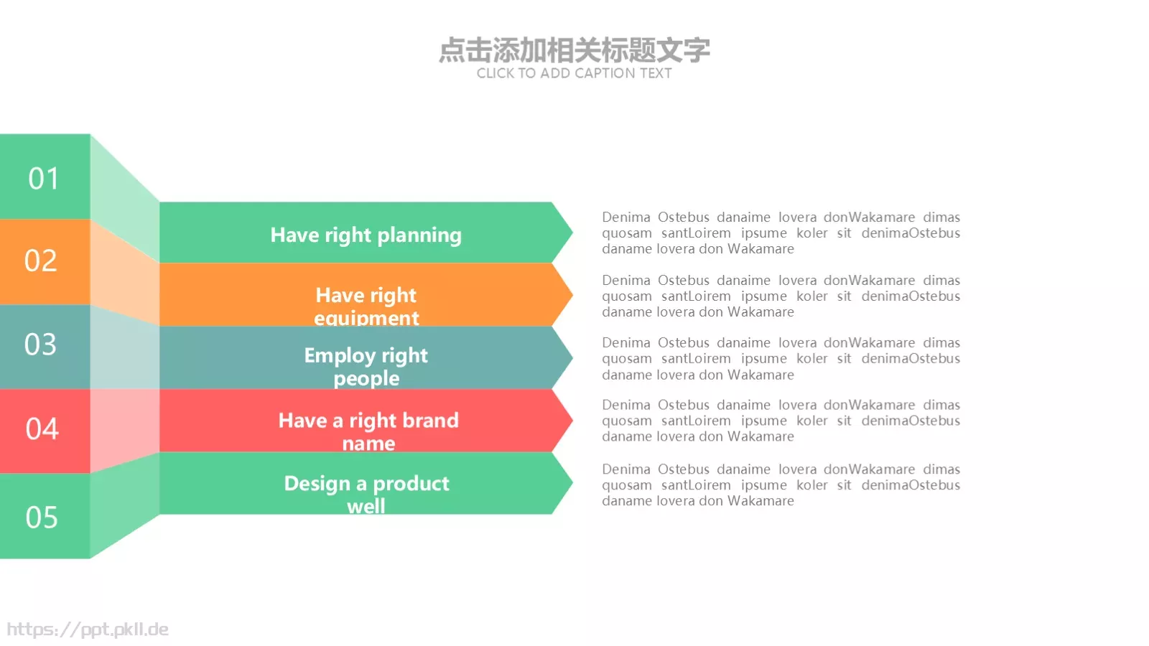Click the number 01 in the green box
point(43,178)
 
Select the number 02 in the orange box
point(40,261)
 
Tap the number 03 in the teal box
point(40,345)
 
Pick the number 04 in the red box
point(42,429)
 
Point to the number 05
point(42,518)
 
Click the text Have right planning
point(366,235)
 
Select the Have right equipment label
point(366,306)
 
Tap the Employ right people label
point(366,366)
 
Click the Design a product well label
point(366,494)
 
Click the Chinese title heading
point(574,50)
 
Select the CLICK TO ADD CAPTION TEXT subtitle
point(574,73)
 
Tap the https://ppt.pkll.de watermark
point(88,629)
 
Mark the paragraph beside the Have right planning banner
point(781,233)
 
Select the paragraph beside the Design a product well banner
point(781,484)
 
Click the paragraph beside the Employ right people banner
point(781,358)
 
